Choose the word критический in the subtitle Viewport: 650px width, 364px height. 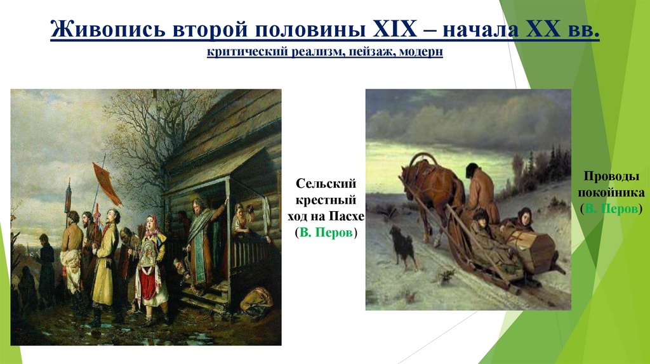click(244, 54)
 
